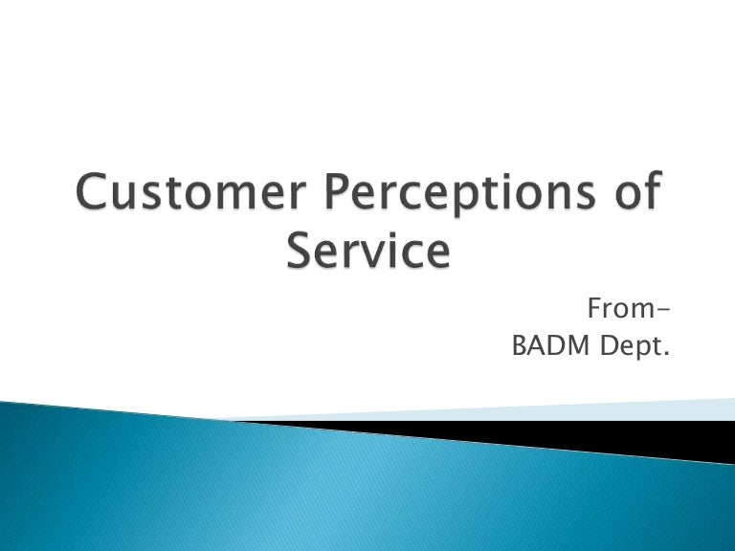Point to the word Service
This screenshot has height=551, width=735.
click(367, 251)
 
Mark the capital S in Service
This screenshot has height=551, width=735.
click(302, 251)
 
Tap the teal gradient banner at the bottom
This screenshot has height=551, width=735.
click(287, 488)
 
